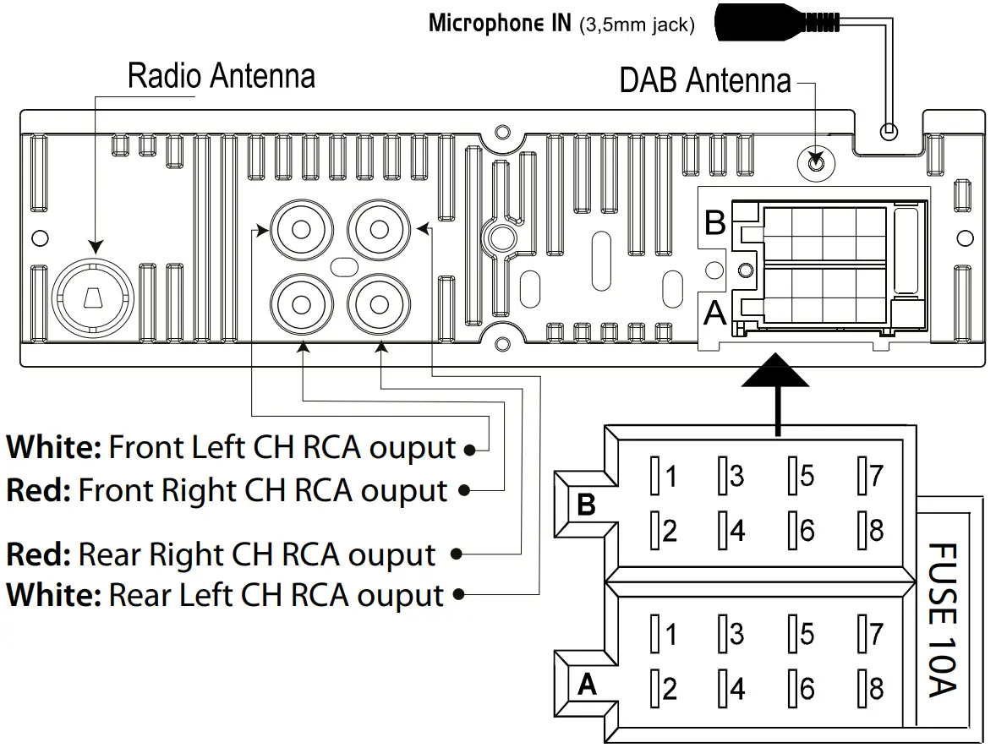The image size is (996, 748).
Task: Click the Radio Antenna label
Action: click(221, 76)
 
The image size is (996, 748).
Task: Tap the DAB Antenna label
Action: click(704, 81)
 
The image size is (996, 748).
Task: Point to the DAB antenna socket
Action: click(816, 160)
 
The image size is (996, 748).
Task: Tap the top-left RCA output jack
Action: click(299, 228)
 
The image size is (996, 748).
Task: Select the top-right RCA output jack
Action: click(377, 228)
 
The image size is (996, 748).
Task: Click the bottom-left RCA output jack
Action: click(299, 303)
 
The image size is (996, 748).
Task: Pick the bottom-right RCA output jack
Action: click(377, 303)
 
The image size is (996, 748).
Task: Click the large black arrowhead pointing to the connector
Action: click(774, 373)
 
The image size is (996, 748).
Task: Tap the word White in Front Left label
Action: click(54, 447)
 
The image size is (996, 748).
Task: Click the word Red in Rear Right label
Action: click(37, 555)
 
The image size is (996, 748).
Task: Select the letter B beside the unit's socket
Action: click(715, 224)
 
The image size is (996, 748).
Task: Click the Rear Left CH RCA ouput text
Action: click(276, 595)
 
